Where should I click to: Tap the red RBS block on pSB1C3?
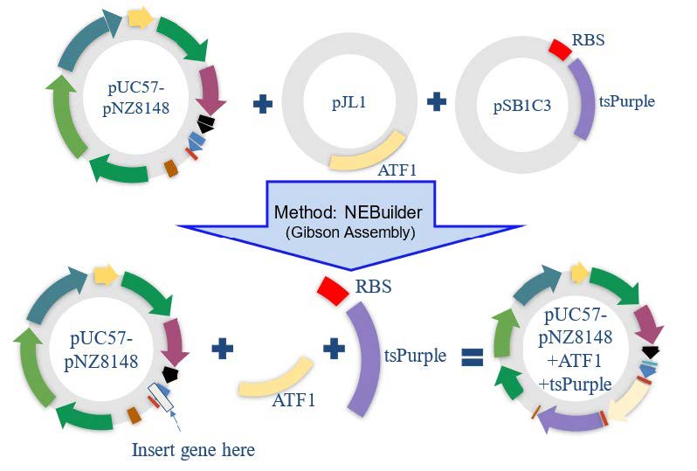tap(558, 47)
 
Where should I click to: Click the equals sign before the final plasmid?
tap(473, 356)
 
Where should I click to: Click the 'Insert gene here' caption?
tap(193, 451)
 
